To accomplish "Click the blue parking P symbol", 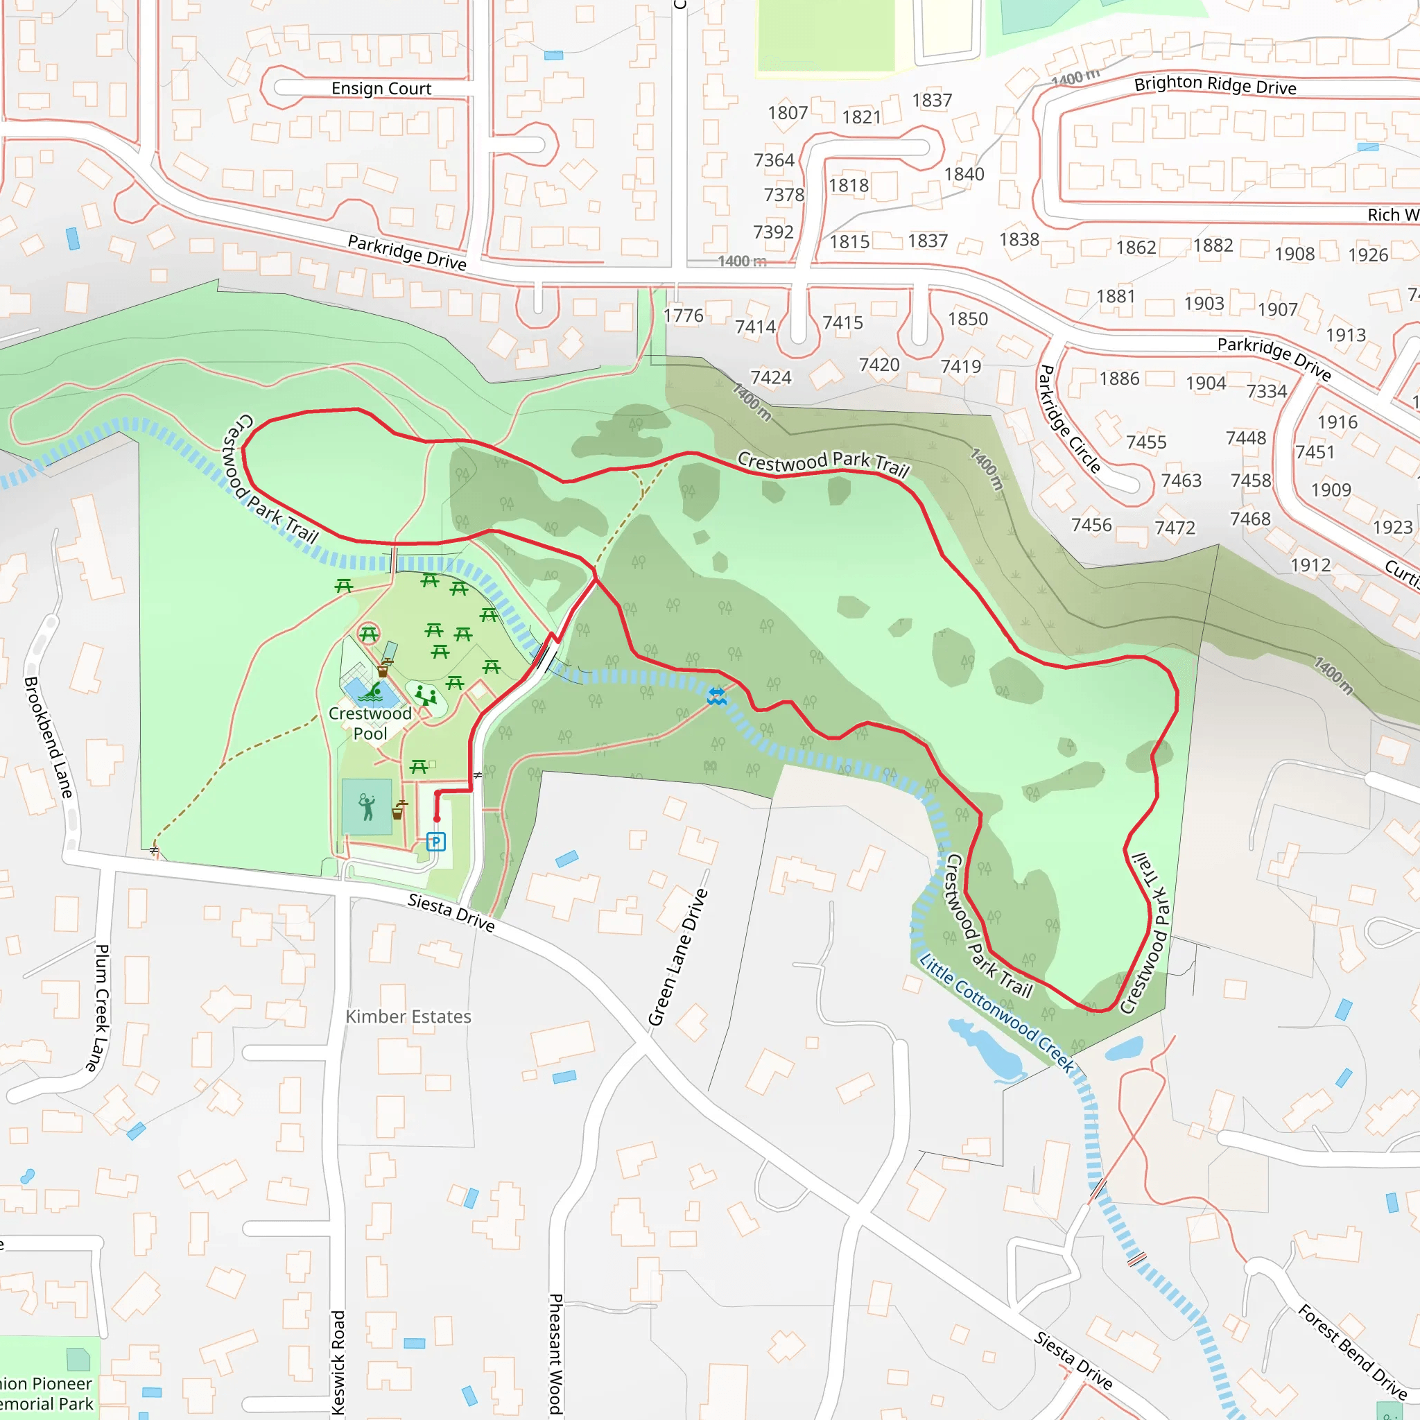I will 436,842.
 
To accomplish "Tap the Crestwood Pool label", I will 370,723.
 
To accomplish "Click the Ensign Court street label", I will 381,89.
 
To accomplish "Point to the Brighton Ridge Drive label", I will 1215,85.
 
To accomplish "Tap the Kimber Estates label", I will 408,1016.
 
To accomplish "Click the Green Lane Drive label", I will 677,957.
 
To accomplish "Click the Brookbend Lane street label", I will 49,737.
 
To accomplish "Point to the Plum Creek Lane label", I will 101,1007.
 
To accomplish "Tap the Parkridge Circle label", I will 1068,419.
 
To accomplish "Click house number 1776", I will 683,316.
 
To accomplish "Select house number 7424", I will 770,378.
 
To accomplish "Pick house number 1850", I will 967,319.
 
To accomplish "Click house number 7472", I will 1175,528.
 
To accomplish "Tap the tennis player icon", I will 367,807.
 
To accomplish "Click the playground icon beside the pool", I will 425,695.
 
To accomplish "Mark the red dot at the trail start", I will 437,819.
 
